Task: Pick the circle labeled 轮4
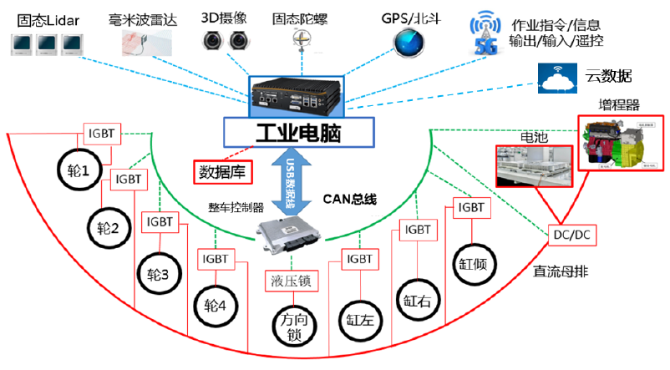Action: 216,307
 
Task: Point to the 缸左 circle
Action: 358,317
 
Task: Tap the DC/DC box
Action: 571,236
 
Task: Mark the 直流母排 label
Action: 559,271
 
